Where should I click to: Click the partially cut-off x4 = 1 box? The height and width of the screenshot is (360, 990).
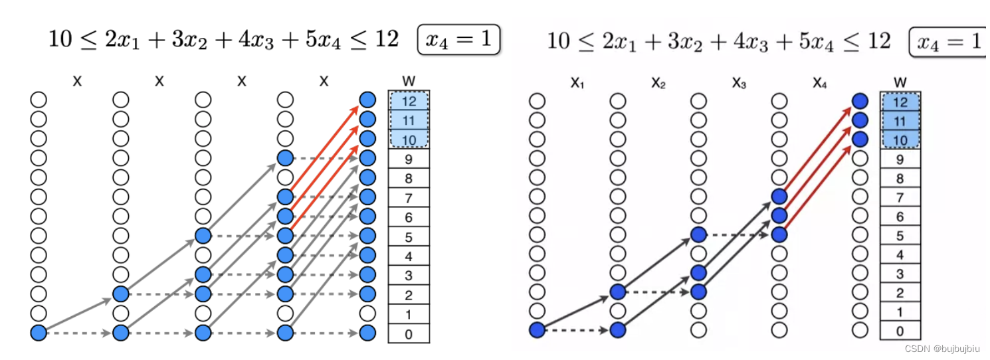(949, 41)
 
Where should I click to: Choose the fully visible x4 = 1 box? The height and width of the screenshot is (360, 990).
(458, 41)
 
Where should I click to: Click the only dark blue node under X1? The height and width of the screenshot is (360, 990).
(537, 329)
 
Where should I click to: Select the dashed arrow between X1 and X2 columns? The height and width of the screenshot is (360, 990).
(577, 329)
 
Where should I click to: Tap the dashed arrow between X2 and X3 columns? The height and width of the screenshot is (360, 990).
(658, 291)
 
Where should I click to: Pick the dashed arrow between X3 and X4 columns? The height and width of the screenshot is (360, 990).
(739, 234)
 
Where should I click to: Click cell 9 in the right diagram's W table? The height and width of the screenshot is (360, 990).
(900, 159)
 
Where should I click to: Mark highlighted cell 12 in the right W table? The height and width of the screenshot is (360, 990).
(900, 102)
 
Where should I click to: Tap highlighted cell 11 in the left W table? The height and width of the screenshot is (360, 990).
(408, 120)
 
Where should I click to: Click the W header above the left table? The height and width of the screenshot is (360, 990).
(408, 81)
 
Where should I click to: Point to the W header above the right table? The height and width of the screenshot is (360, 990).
(900, 82)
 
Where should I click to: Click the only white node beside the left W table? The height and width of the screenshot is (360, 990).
(367, 314)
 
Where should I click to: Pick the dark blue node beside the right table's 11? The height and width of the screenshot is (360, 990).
(860, 120)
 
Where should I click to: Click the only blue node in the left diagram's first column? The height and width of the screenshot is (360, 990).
(39, 333)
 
